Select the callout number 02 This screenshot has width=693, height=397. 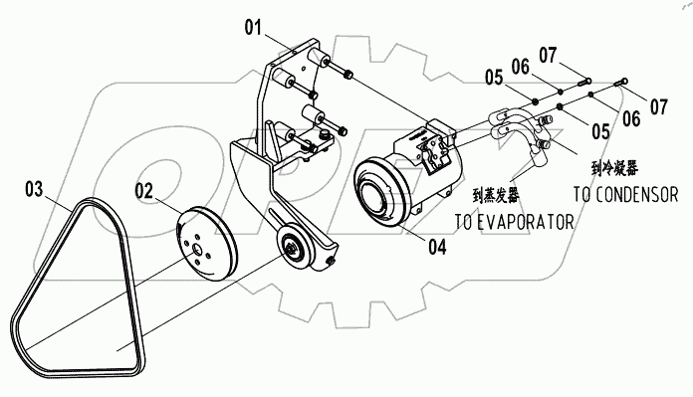pyautogui.click(x=146, y=186)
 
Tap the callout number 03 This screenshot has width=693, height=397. pyautogui.click(x=34, y=186)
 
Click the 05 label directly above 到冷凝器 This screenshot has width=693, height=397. pyautogui.click(x=600, y=129)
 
